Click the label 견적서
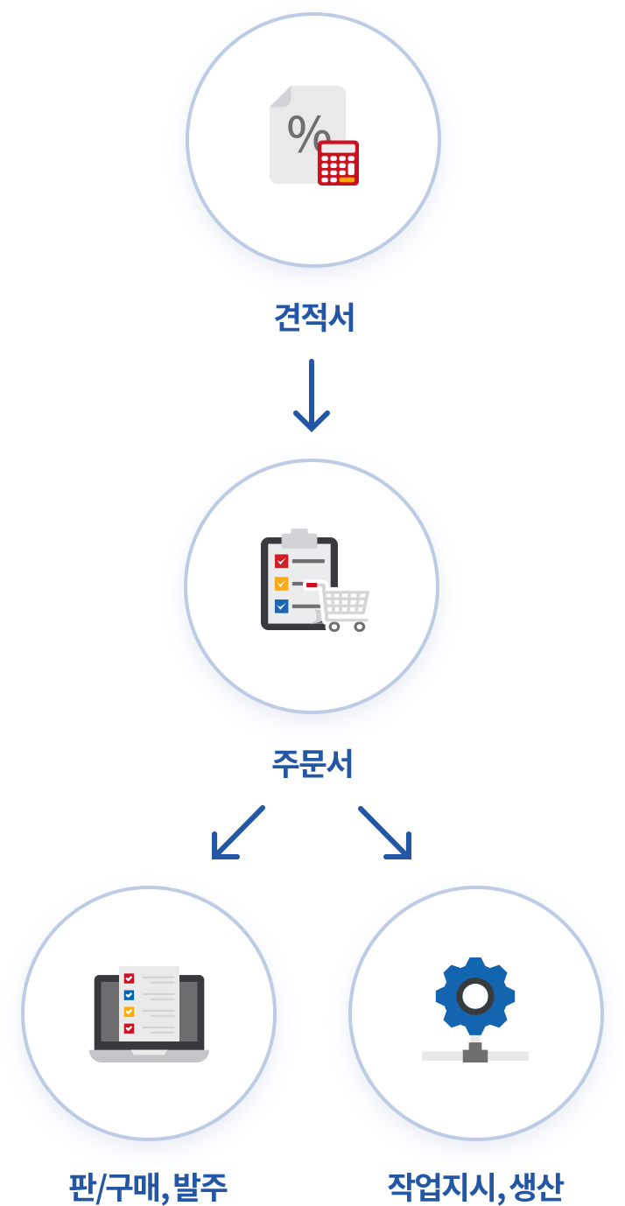[314, 318]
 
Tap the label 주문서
[312, 764]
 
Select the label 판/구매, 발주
[148, 1188]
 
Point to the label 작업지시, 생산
[475, 1188]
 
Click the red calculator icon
[338, 163]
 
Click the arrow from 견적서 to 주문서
[312, 396]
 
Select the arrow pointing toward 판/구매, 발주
[236, 833]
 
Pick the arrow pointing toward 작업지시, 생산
[386, 833]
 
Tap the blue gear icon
[475, 997]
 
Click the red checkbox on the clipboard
[281, 561]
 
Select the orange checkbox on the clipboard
[281, 584]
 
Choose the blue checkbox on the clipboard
[281, 606]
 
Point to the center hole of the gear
[475, 996]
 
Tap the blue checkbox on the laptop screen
[129, 995]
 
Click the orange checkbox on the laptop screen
[129, 1012]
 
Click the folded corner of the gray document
[279, 96]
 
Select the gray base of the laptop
[149, 1055]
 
